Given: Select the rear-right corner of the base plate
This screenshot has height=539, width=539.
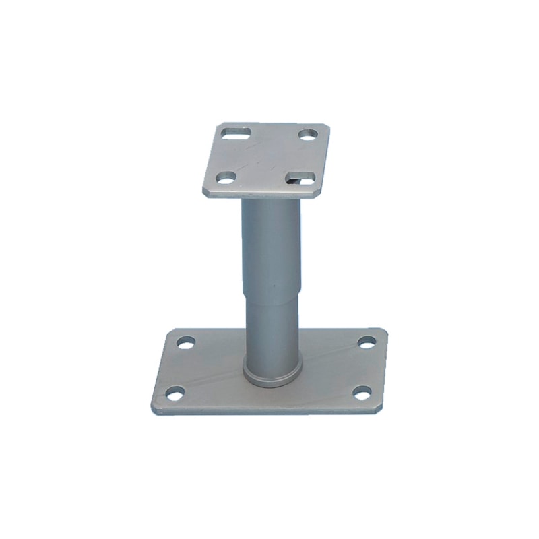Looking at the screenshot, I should [x=385, y=330].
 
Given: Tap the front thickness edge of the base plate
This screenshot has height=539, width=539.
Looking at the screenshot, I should [x=269, y=410].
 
